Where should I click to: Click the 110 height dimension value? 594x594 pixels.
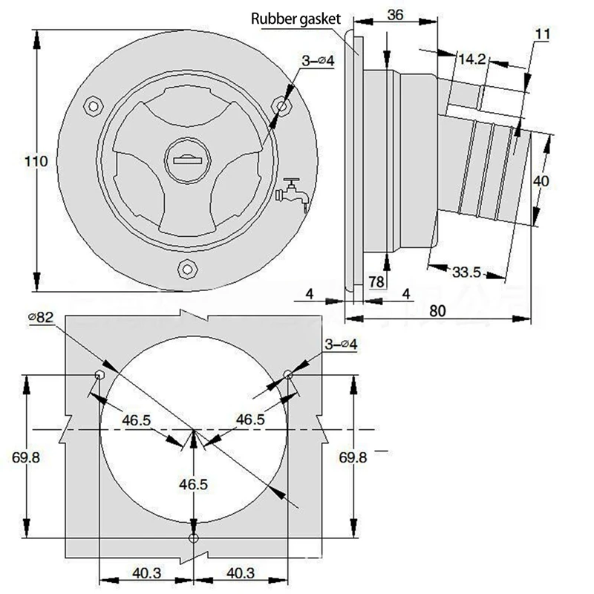coord(36,161)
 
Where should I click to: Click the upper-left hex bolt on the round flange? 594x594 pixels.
coord(92,106)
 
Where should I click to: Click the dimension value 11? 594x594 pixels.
coord(542,33)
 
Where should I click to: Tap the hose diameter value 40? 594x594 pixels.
coord(541,180)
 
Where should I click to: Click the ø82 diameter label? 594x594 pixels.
coord(41,318)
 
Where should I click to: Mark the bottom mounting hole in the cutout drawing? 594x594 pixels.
coord(194,538)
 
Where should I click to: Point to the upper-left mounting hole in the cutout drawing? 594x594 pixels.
coord(99,374)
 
